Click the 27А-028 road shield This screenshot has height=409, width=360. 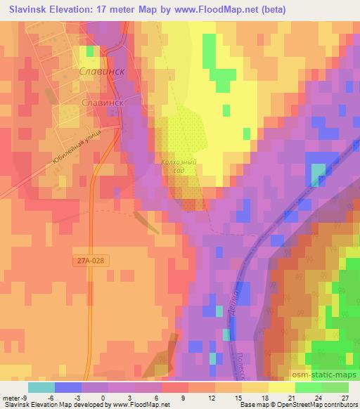point(91,260)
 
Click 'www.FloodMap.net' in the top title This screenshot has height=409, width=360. point(215,8)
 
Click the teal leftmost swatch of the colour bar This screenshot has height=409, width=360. point(41,387)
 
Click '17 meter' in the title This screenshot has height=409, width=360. point(112,8)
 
